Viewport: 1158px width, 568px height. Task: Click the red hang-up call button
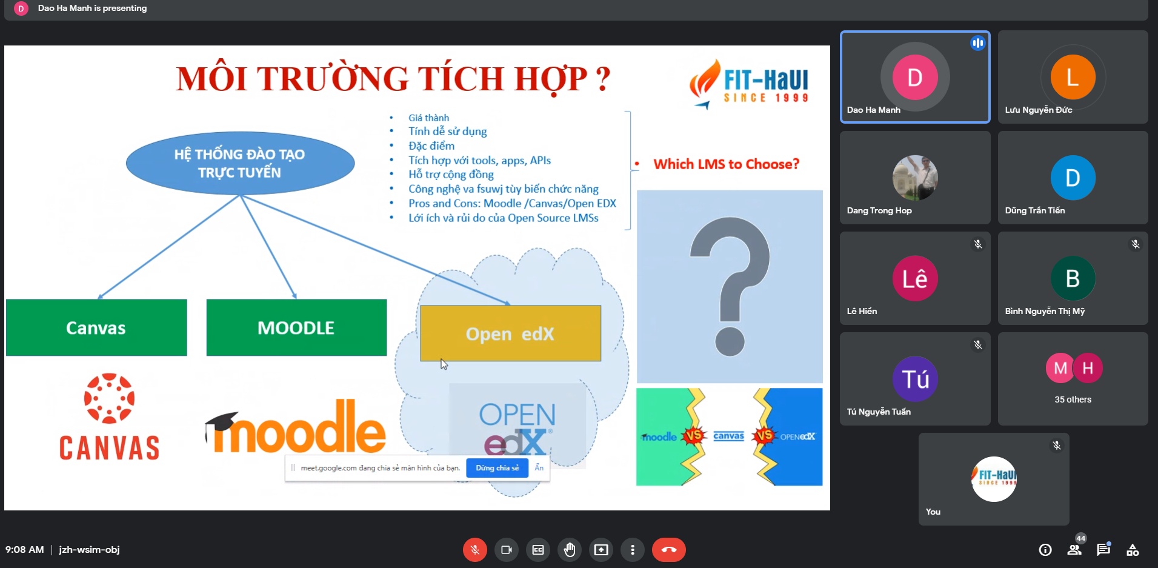668,550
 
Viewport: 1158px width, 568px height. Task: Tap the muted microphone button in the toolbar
475,550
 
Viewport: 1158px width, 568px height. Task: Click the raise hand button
570,550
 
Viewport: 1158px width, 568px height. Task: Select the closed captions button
538,550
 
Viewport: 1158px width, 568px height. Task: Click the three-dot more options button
633,550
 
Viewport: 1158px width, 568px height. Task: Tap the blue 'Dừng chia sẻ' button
497,468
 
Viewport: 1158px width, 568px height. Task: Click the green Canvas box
96,327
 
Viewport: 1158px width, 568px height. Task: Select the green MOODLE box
296,327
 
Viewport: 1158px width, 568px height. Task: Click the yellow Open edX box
510,333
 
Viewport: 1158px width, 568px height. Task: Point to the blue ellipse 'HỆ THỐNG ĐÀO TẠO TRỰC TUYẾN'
240,163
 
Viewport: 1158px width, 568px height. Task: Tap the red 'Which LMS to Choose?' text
727,164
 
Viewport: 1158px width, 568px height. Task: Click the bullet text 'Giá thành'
428,118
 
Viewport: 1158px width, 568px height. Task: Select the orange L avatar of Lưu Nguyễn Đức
1073,77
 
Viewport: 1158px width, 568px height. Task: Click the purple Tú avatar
915,379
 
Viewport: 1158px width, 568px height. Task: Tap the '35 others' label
1073,399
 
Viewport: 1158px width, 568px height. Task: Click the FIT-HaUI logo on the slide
749,84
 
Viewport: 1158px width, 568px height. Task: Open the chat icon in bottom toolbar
1103,549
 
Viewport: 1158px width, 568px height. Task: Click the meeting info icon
1045,550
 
